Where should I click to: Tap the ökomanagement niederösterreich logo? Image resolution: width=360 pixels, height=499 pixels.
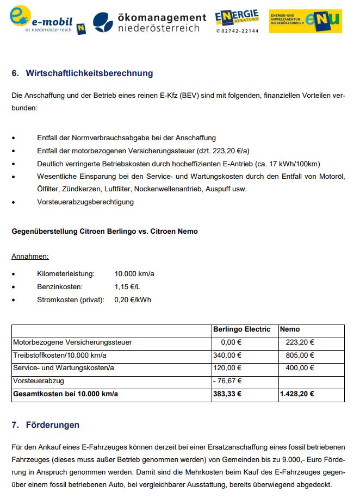tap(150, 22)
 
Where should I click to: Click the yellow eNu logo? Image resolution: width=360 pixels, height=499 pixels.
tap(306, 21)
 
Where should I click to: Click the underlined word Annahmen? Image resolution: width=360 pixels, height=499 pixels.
tap(30, 257)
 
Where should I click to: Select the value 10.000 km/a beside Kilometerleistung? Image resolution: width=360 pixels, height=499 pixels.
tap(134, 273)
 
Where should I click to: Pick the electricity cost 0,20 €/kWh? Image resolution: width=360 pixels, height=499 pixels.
tap(133, 300)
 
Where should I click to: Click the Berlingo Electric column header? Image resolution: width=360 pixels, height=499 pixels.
tap(241, 329)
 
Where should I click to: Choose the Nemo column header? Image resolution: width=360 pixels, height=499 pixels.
tap(289, 329)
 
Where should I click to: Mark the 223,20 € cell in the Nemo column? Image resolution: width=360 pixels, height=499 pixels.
tap(300, 342)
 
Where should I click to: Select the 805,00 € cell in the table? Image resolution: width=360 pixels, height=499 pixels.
tap(300, 355)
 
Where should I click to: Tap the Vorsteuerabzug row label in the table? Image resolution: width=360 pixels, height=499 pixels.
tap(38, 381)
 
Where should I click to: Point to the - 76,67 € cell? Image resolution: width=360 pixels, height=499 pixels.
tap(227, 381)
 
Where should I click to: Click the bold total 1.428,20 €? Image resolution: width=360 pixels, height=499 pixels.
tap(296, 394)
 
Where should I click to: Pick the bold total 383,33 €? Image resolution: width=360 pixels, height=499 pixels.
tap(227, 394)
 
